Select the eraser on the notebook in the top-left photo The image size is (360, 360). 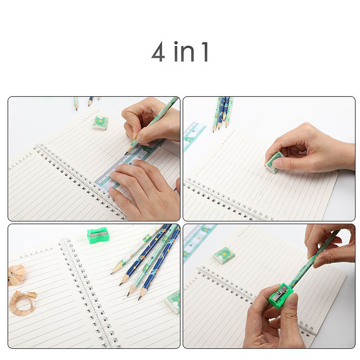100,123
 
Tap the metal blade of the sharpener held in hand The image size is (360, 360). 281,292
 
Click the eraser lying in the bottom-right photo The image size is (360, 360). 224,255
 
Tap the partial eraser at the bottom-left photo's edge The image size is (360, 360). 173,302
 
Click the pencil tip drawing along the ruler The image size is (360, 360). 126,153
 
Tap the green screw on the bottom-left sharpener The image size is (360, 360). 99,234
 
